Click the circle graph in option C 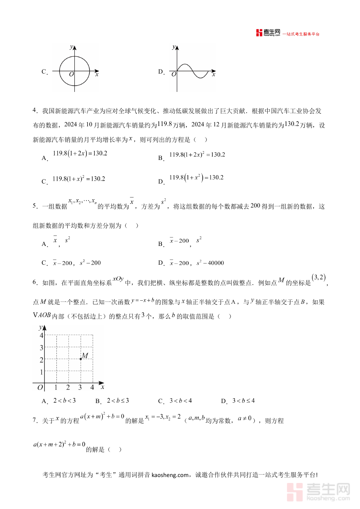pos(74,71)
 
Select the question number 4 pos(35,111)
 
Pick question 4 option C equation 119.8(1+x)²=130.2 pos(79,179)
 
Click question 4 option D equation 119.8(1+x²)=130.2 pos(196,178)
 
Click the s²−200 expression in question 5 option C pos(90,263)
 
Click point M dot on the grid pos(81,359)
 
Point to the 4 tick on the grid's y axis pos(41,335)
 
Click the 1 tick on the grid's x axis pos(56,387)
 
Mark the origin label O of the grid pos(40,387)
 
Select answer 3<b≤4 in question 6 pos(243,401)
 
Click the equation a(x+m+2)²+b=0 pos(59,444)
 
